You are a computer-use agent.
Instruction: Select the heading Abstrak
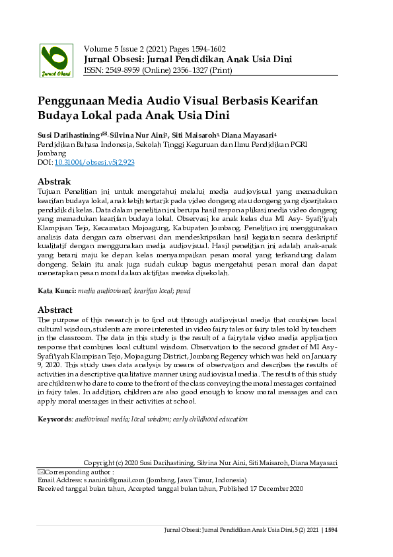point(54,181)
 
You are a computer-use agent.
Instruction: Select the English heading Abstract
point(55,310)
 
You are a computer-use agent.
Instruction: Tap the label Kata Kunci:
point(57,290)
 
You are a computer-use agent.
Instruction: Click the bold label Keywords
point(54,419)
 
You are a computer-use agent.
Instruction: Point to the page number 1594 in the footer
point(331,529)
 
